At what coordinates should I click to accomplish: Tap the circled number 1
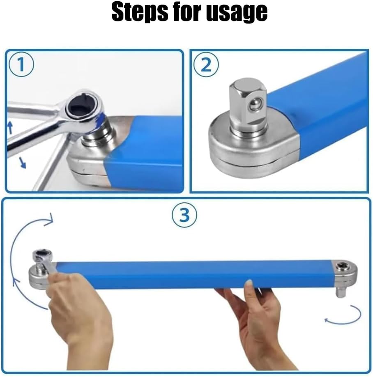coord(21,64)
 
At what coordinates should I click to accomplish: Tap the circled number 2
coord(206,64)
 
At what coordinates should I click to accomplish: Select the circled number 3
coord(184,215)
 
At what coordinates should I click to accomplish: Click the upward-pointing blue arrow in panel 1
coord(10,127)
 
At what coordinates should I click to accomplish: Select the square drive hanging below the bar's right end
coord(341,291)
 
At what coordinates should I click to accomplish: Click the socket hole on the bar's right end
coord(342,266)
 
